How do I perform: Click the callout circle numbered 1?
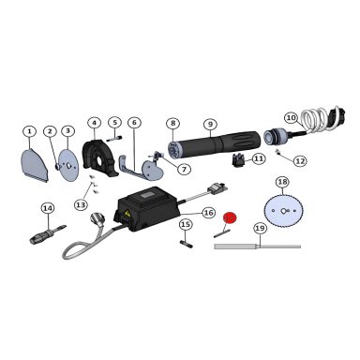click(29, 131)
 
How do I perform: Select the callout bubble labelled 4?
click(94, 123)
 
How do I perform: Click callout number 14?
click(47, 208)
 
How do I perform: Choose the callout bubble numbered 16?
click(209, 213)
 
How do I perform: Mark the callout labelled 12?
click(299, 161)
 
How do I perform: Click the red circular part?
click(231, 217)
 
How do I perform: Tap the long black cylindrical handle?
click(215, 147)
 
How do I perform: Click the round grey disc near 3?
click(67, 160)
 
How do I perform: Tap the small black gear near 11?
click(236, 160)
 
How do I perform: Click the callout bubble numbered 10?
click(291, 118)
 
